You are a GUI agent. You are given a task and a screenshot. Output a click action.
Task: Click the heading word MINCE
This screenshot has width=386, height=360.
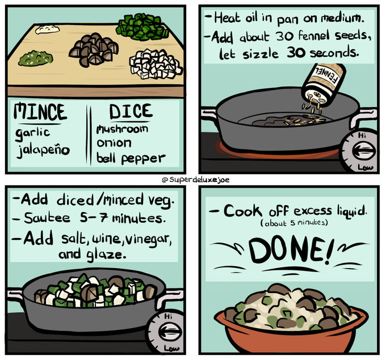pyautogui.click(x=40, y=112)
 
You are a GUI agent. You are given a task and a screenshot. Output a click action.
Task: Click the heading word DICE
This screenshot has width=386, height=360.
pyautogui.click(x=131, y=111)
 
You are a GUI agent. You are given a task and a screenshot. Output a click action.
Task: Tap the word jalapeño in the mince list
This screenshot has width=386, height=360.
pyautogui.click(x=43, y=150)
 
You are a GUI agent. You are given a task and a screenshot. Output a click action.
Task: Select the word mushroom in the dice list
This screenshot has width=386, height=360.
pyautogui.click(x=123, y=129)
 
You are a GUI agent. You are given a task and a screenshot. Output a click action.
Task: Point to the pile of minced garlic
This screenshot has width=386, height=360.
pyautogui.click(x=47, y=29)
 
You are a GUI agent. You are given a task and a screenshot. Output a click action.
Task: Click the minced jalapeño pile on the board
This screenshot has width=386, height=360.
pyautogui.click(x=35, y=58)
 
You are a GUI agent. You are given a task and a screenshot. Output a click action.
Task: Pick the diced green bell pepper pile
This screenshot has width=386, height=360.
pyautogui.click(x=142, y=27)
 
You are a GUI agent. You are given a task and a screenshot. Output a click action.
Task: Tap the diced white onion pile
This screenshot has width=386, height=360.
pyautogui.click(x=155, y=64)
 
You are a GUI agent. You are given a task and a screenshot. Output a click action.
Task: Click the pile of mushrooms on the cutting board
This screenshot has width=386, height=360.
pyautogui.click(x=94, y=49)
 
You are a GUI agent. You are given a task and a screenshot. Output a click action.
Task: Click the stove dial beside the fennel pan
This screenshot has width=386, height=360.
pyautogui.click(x=360, y=151)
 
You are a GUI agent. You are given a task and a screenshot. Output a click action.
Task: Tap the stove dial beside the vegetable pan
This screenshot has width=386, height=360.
pyautogui.click(x=166, y=331)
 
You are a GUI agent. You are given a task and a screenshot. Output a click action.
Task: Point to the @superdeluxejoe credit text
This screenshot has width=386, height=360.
pyautogui.click(x=195, y=180)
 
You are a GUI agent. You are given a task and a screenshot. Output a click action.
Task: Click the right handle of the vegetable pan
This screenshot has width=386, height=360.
pyautogui.click(x=169, y=297)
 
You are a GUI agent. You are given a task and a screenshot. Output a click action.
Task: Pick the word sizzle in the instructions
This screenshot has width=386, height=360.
pyautogui.click(x=261, y=54)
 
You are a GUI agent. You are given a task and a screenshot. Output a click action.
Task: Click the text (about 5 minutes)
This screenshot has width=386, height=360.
pyautogui.click(x=294, y=223)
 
